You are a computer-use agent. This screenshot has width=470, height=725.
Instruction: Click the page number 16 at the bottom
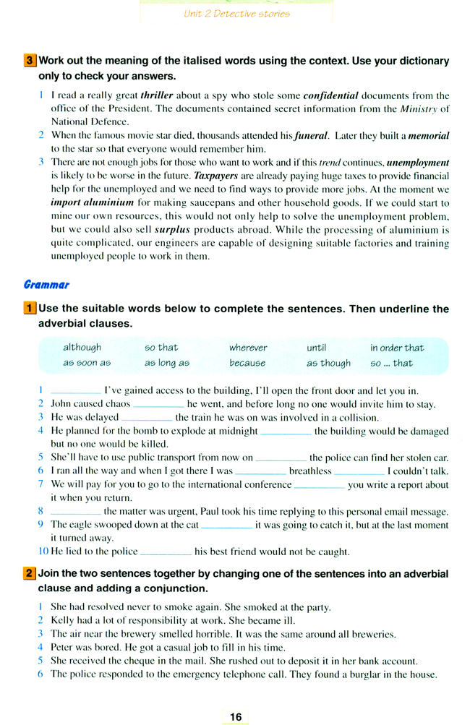click(236, 716)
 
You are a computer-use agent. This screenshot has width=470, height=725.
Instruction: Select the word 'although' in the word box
click(82, 348)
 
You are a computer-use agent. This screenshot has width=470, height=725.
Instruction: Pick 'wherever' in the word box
click(248, 348)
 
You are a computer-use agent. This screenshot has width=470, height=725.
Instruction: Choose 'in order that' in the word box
click(397, 348)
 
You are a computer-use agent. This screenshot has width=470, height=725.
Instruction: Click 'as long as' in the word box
click(166, 363)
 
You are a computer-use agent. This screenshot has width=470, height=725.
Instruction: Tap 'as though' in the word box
click(328, 363)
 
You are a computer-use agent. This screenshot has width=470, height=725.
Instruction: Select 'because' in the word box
click(247, 363)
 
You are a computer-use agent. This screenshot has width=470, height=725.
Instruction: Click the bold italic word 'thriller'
click(158, 95)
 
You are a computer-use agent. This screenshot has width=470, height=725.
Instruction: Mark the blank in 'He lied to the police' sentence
click(166, 552)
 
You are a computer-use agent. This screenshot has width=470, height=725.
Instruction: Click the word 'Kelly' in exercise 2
click(63, 621)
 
